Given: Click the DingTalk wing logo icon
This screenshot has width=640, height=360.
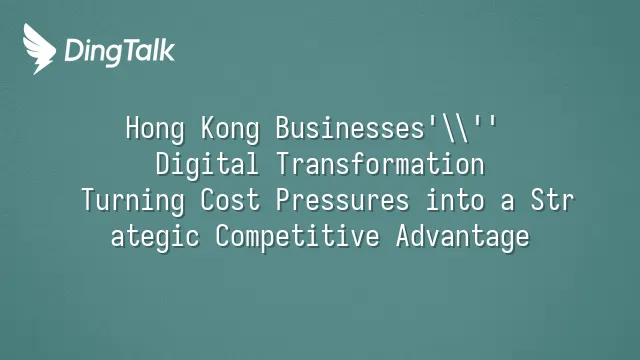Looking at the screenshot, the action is click(x=39, y=49).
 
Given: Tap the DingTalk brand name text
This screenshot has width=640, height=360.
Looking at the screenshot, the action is click(x=120, y=51).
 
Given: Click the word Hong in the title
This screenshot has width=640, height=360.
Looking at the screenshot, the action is click(x=155, y=129).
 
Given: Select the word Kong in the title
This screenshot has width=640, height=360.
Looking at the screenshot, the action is click(x=230, y=129).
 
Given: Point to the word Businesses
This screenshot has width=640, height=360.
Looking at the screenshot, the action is click(x=350, y=128).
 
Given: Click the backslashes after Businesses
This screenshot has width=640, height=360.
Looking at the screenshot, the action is click(x=455, y=129).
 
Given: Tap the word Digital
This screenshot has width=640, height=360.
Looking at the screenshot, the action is click(x=207, y=165).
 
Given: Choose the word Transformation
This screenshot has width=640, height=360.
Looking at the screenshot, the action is click(x=380, y=164).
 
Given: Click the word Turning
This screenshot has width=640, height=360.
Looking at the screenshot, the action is click(x=133, y=201).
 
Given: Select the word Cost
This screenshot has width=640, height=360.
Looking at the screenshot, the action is click(x=230, y=200).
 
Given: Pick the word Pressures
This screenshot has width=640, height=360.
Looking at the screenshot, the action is click(x=342, y=201).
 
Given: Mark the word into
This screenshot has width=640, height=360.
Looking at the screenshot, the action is click(x=455, y=200).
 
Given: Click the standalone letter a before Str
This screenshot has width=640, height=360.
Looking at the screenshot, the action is click(x=507, y=203).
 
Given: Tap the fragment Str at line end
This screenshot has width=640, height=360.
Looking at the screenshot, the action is click(x=552, y=200).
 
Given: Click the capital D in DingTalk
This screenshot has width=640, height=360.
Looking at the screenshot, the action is click(x=73, y=50).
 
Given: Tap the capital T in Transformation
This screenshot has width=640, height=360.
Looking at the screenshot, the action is click(x=284, y=164).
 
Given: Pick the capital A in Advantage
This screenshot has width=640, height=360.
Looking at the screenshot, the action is click(x=404, y=236).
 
